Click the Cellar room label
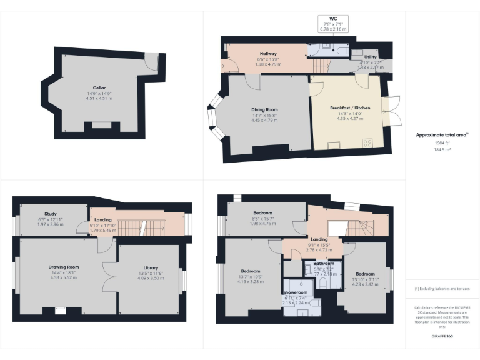click(99, 87)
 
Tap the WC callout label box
click(332, 24)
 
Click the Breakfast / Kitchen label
click(350, 108)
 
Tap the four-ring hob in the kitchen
click(367, 142)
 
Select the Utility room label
click(370, 57)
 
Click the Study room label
click(51, 214)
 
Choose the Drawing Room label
click(64, 267)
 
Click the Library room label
click(151, 267)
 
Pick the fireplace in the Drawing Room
click(60, 309)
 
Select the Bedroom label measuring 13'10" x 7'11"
click(365, 274)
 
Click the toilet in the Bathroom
click(322, 284)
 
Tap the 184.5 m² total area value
click(442, 149)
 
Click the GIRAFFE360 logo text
click(442, 336)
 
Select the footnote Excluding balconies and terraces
click(442, 289)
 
